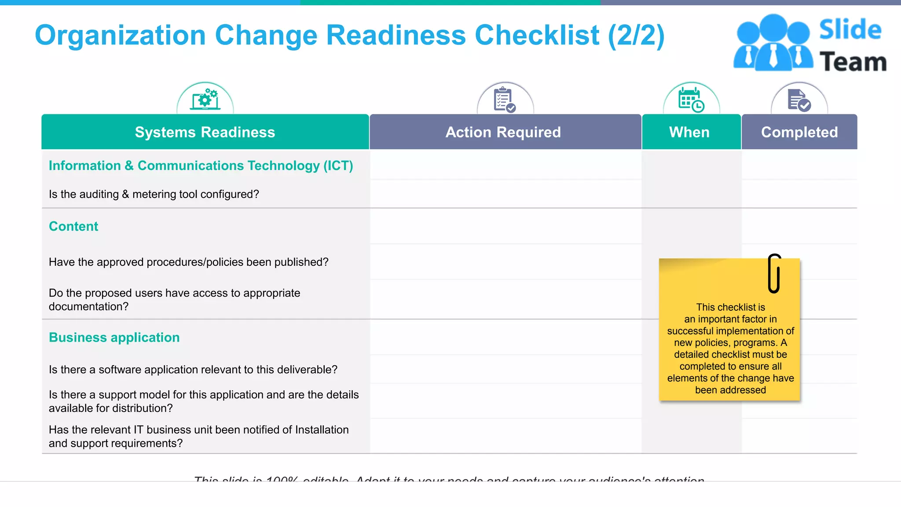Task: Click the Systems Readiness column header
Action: [205, 132]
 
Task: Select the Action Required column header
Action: [503, 132]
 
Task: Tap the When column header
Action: [689, 132]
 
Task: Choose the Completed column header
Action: [799, 132]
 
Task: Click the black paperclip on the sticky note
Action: [774, 273]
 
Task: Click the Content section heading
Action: [73, 226]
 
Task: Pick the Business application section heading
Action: [114, 338]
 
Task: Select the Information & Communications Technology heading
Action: [201, 165]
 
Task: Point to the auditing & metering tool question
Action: [154, 194]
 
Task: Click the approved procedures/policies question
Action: [189, 262]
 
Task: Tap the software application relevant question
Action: [193, 370]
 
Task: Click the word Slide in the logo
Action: [850, 30]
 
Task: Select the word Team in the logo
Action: [853, 62]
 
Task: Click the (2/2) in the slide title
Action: [636, 35]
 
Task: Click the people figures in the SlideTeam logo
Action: [773, 43]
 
